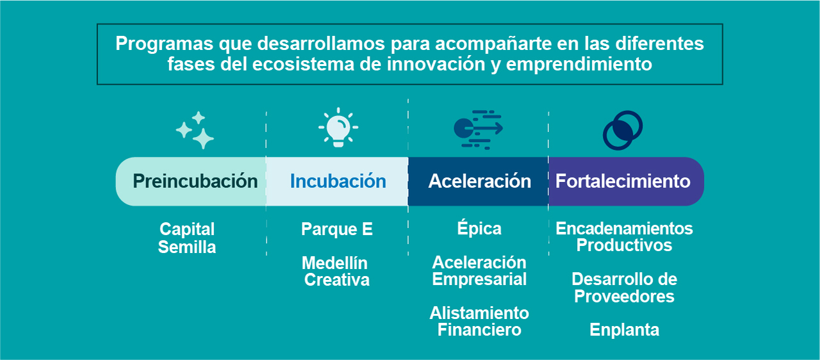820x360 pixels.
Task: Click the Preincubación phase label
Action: click(x=195, y=181)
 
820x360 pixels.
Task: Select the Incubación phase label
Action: click(x=338, y=181)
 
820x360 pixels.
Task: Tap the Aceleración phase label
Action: click(x=479, y=181)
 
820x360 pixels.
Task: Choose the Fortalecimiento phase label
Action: click(x=623, y=181)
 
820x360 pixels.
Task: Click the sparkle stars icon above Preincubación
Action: click(x=195, y=130)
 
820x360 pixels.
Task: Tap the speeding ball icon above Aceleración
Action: click(x=478, y=129)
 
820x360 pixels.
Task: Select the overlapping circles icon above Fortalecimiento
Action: click(x=623, y=130)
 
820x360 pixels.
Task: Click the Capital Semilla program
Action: click(x=187, y=238)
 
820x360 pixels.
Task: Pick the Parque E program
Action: click(x=337, y=229)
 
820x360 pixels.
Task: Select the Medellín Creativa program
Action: click(x=335, y=272)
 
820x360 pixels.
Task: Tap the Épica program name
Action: click(x=479, y=229)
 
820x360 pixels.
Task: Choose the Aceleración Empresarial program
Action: click(x=479, y=271)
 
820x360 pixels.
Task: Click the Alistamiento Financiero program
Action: click(x=479, y=322)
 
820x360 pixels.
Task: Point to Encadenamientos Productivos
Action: click(x=624, y=237)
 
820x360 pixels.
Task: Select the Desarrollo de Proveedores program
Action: click(x=624, y=288)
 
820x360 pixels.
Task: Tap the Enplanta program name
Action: click(x=624, y=330)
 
